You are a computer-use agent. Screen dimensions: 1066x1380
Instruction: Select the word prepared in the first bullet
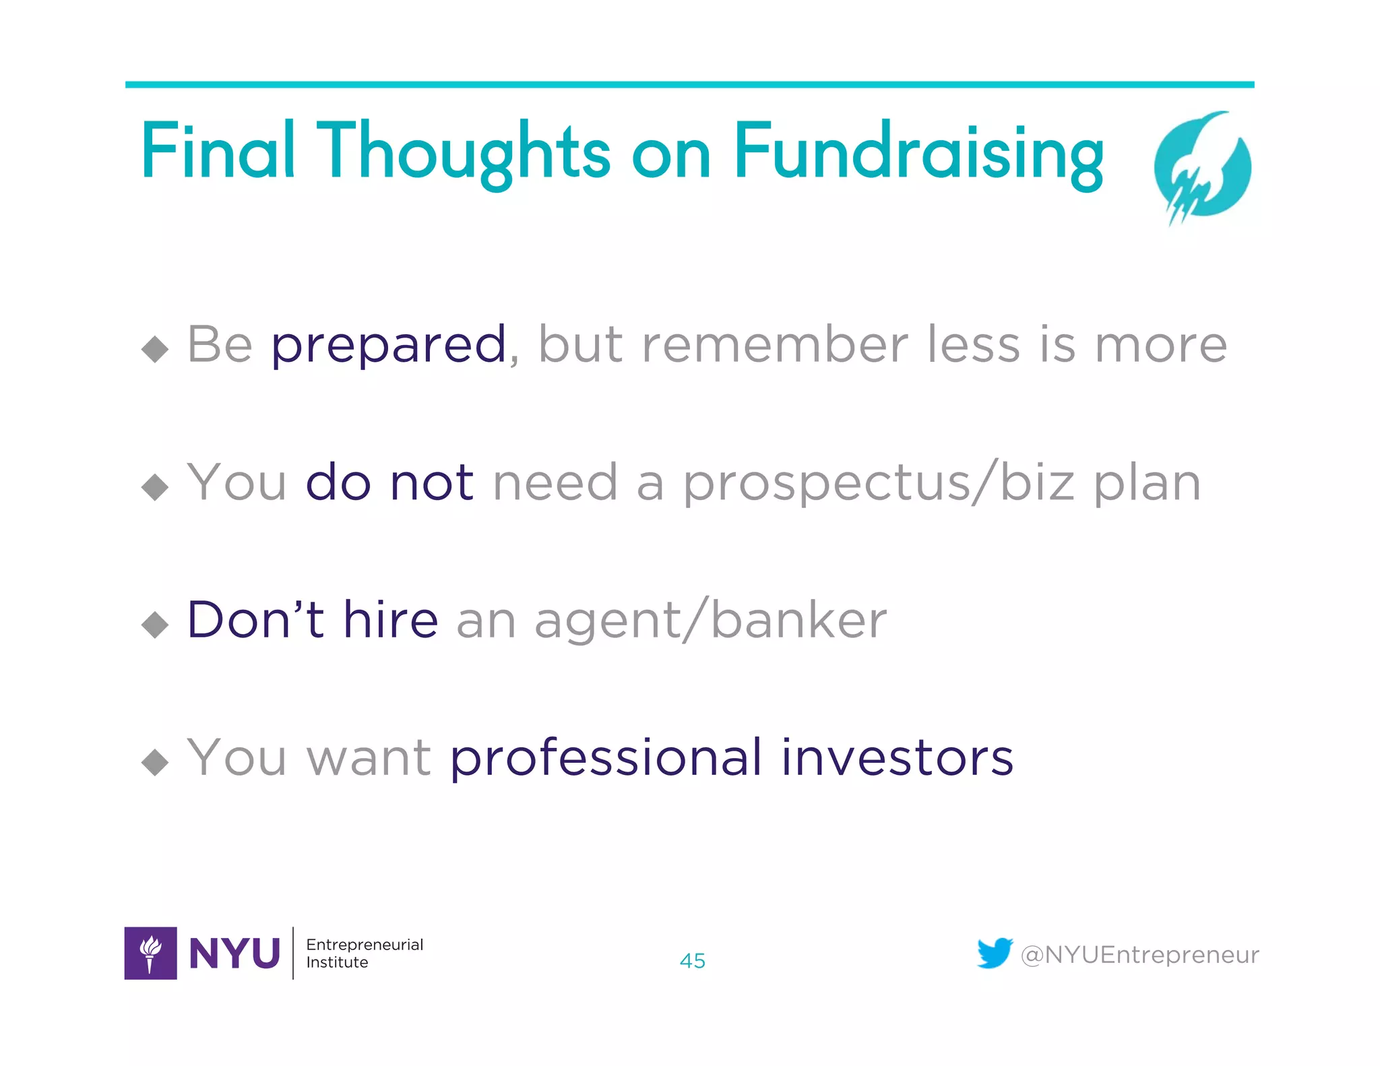[389, 345]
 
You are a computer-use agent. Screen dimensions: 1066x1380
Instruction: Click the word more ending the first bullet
[1160, 345]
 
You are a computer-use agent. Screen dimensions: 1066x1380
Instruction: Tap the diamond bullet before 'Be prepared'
[155, 349]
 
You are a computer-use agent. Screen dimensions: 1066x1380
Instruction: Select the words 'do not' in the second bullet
[389, 482]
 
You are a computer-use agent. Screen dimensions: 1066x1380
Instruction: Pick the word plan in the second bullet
[1147, 482]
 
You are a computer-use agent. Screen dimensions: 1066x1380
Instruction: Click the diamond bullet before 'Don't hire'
[155, 624]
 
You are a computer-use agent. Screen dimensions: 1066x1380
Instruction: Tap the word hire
[391, 620]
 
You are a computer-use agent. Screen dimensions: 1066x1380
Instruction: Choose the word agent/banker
[710, 620]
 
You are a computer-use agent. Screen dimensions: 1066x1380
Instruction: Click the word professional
[606, 757]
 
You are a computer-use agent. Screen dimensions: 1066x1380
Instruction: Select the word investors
[897, 757]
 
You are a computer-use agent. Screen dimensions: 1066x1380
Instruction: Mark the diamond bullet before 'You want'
[155, 762]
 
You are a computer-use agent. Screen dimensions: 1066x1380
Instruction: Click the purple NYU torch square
[151, 953]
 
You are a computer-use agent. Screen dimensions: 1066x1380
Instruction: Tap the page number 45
[692, 961]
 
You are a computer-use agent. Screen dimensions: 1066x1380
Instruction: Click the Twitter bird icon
[995, 953]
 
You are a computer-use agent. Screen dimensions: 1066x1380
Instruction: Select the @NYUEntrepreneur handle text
[1139, 955]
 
